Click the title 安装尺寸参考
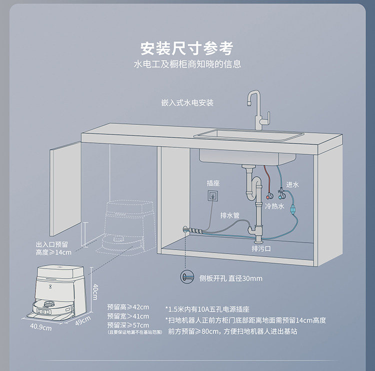[187, 48]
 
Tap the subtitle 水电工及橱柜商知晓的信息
[187, 64]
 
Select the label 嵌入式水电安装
[187, 102]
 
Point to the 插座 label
[213, 183]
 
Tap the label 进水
[292, 185]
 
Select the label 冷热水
[274, 206]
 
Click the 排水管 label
[230, 216]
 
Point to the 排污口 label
[261, 248]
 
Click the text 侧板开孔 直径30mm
[230, 278]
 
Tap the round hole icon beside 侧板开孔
[186, 277]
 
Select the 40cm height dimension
[95, 289]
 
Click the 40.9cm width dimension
[41, 328]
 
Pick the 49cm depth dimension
[83, 320]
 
